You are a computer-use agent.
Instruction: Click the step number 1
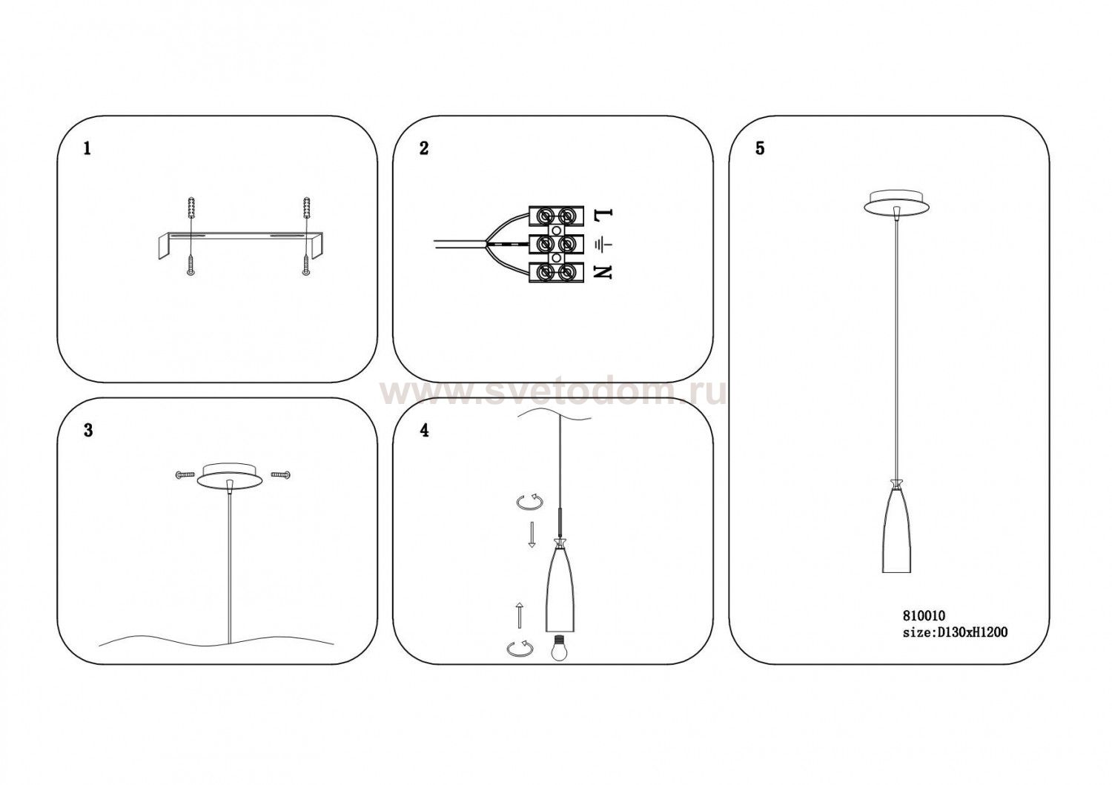[x=87, y=148]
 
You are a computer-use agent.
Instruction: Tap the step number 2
[x=423, y=148]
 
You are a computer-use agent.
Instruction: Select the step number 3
[x=88, y=430]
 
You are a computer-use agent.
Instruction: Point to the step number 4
[x=424, y=430]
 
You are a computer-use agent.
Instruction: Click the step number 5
[x=760, y=148]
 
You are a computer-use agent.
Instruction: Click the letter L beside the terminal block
[x=603, y=214]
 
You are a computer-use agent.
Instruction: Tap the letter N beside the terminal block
[x=602, y=272]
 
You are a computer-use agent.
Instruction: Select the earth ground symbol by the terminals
[x=603, y=244]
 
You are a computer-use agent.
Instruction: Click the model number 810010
[x=920, y=616]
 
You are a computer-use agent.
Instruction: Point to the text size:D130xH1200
[x=955, y=632]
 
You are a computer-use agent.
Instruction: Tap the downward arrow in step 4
[x=532, y=534]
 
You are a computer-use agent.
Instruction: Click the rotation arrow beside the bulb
[x=520, y=649]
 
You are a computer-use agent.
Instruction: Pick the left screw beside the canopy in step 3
[x=185, y=474]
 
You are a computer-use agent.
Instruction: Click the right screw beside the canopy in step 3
[x=280, y=474]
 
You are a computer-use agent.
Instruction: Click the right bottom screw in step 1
[x=305, y=265]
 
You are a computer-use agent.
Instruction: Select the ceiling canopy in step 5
[x=896, y=202]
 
